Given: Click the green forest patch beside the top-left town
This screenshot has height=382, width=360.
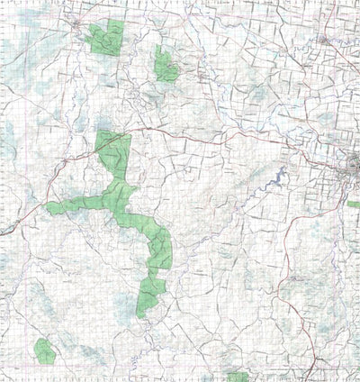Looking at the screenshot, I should point(106,39).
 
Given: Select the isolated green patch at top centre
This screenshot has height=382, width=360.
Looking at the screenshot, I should point(165,64).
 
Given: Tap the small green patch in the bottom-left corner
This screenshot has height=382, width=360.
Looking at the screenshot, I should point(43,350).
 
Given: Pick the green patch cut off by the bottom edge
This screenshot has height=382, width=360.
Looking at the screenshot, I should point(237,377).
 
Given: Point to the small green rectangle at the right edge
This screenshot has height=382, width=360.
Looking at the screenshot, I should point(353,205).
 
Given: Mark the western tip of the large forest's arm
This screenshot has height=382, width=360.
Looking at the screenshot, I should point(50,208).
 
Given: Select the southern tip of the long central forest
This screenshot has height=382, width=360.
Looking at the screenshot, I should point(142,310).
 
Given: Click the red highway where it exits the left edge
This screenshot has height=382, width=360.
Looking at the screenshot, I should point(3,232).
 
